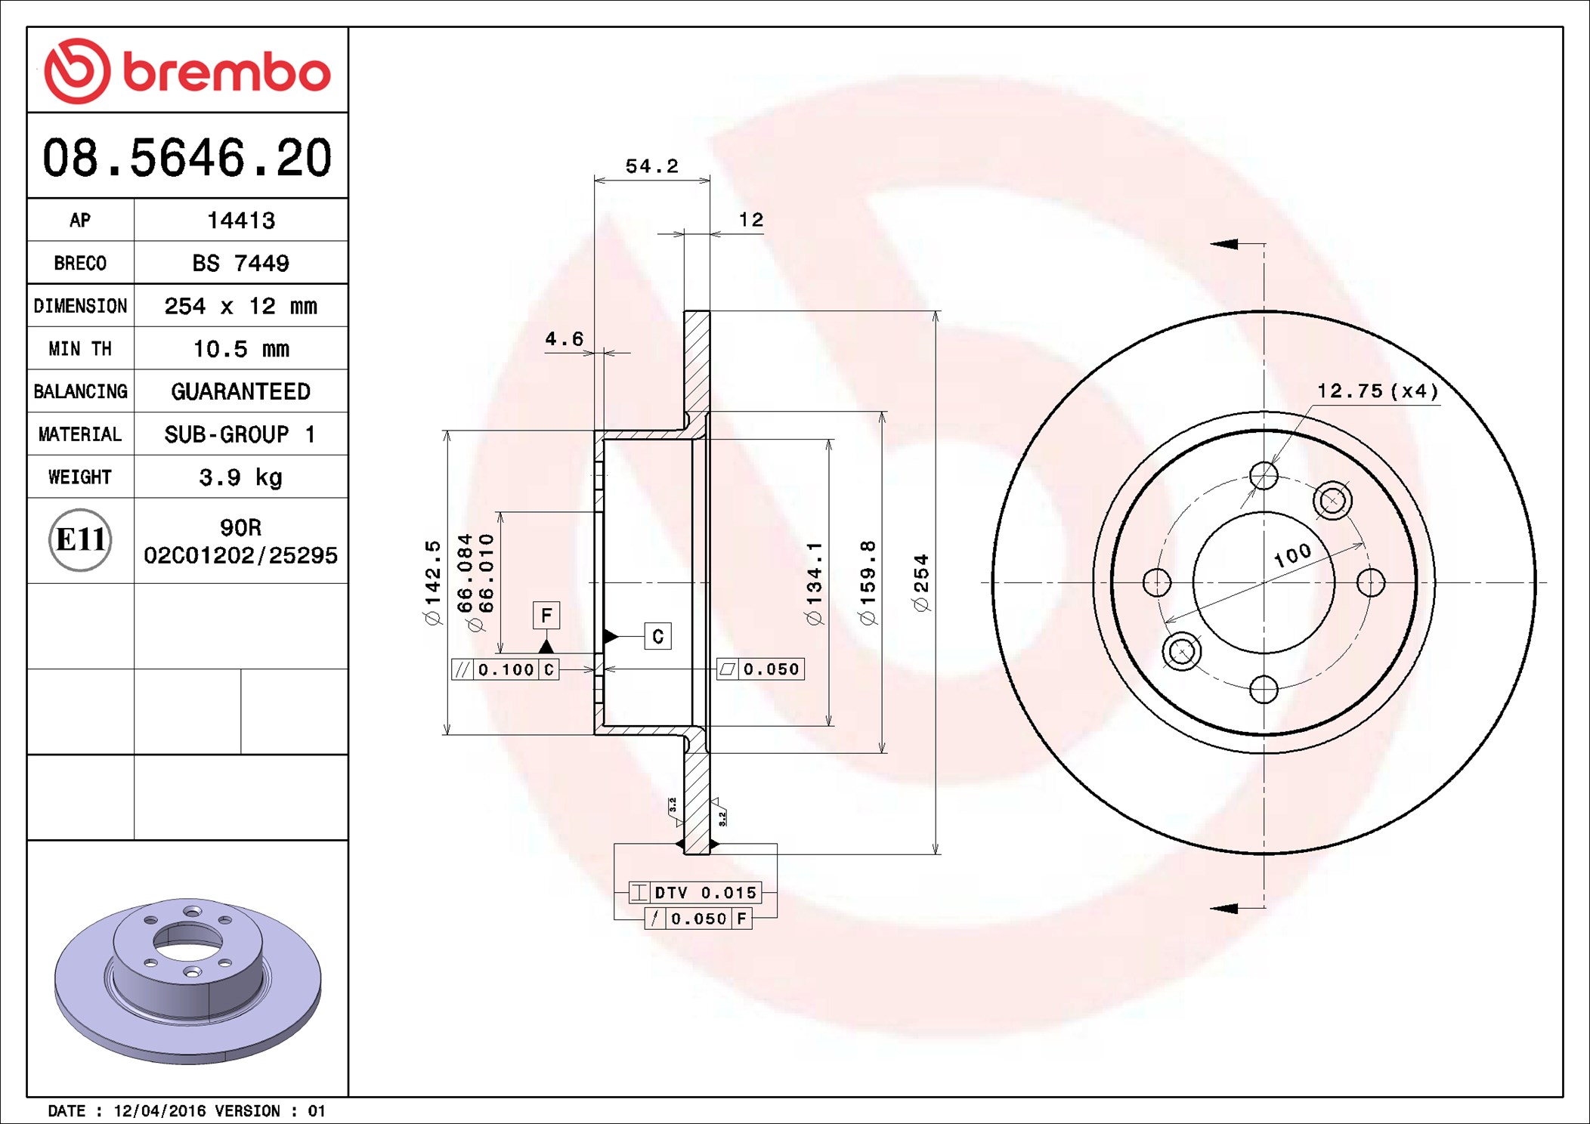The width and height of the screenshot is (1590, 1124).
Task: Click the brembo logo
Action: click(x=187, y=71)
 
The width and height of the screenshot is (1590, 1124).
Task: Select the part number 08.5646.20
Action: click(x=187, y=158)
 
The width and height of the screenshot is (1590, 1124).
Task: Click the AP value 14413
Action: click(x=241, y=221)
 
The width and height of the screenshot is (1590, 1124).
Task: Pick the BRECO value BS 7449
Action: click(x=240, y=263)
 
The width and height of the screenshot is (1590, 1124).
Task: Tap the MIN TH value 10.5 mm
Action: click(x=241, y=349)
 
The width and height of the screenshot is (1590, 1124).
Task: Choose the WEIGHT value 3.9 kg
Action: click(x=240, y=477)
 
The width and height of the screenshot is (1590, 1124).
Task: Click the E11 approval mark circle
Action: click(x=80, y=539)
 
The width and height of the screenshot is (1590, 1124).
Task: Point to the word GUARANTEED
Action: click(x=240, y=391)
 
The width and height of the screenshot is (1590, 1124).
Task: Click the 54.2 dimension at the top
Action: click(x=651, y=166)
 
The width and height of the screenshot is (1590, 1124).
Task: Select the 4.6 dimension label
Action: click(x=565, y=339)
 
